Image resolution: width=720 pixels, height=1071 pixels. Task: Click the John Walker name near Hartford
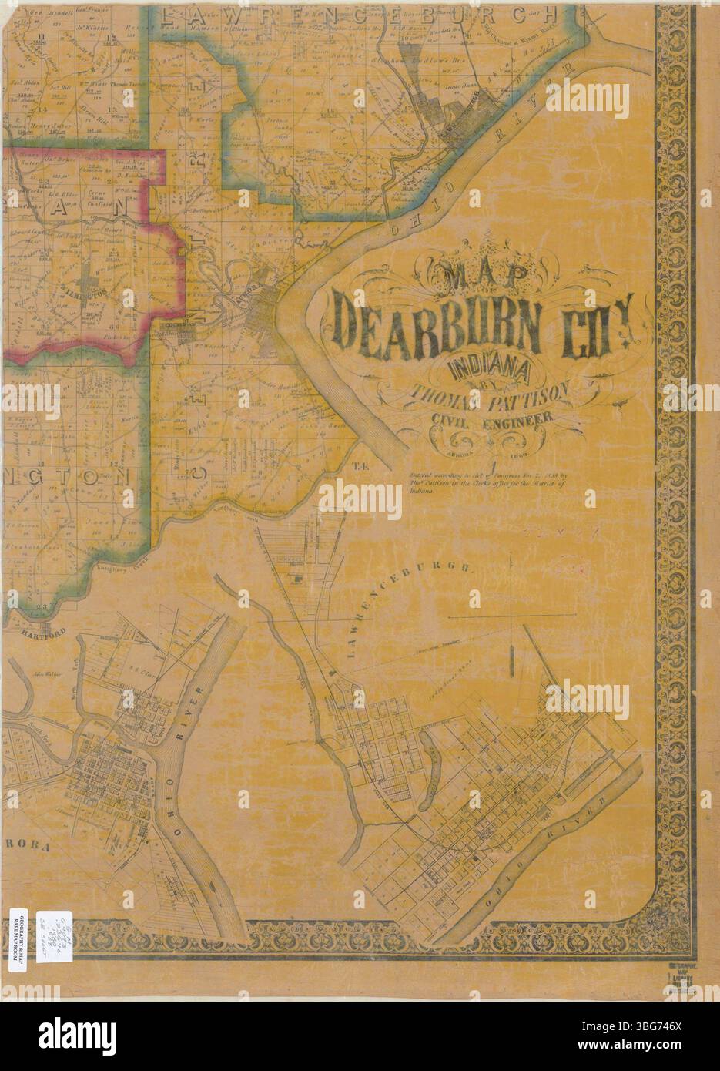47,670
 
